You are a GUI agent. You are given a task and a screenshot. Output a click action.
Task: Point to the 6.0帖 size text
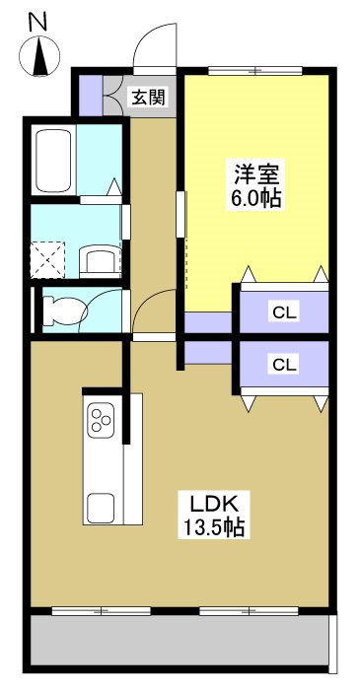[255, 198]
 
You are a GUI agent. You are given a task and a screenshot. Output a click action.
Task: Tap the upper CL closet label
[284, 313]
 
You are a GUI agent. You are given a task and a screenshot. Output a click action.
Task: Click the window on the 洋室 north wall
[254, 70]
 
